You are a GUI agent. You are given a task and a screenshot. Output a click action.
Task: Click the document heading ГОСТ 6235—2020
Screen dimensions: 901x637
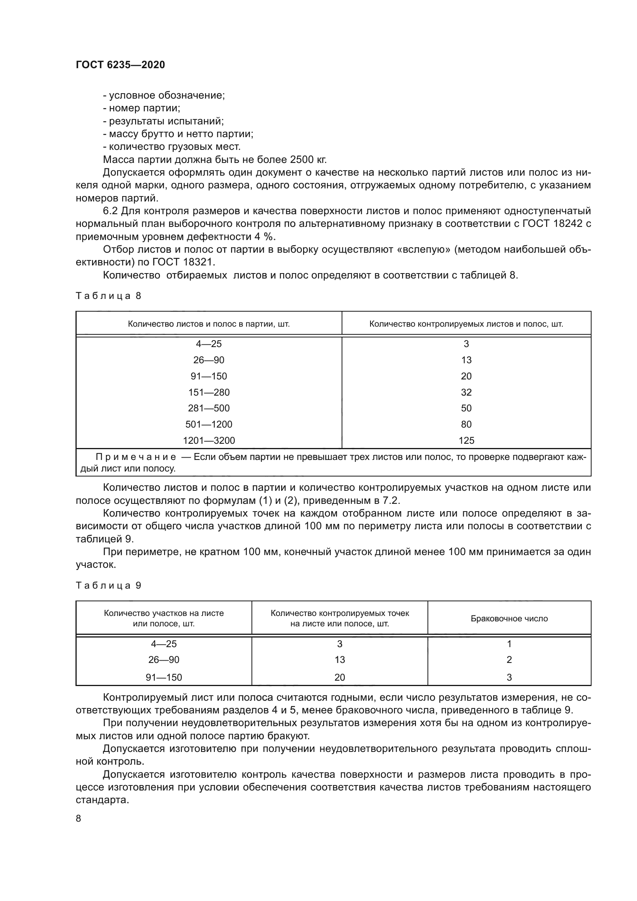120,65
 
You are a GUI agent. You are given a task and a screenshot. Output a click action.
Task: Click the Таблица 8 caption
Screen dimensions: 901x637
108,296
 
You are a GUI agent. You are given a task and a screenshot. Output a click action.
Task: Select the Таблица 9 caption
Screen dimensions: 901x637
108,586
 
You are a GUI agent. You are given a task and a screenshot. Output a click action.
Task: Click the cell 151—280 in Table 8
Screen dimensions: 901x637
209,392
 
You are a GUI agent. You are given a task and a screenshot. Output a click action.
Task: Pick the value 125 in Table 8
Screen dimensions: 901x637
466,440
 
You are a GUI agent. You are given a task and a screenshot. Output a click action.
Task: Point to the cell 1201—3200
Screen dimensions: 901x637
209,440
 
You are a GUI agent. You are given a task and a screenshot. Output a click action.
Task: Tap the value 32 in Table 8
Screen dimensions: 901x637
466,392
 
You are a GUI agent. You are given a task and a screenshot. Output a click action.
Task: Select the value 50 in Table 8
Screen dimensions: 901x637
466,408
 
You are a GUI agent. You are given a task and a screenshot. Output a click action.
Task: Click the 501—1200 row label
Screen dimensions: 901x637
209,424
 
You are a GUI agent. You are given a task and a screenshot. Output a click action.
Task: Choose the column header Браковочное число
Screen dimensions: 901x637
509,619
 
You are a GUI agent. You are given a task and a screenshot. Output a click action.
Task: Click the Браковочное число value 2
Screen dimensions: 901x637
509,659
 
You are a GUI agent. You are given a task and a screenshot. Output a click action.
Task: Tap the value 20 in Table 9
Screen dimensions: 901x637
340,677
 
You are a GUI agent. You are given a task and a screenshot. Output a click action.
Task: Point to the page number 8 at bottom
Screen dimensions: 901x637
79,818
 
